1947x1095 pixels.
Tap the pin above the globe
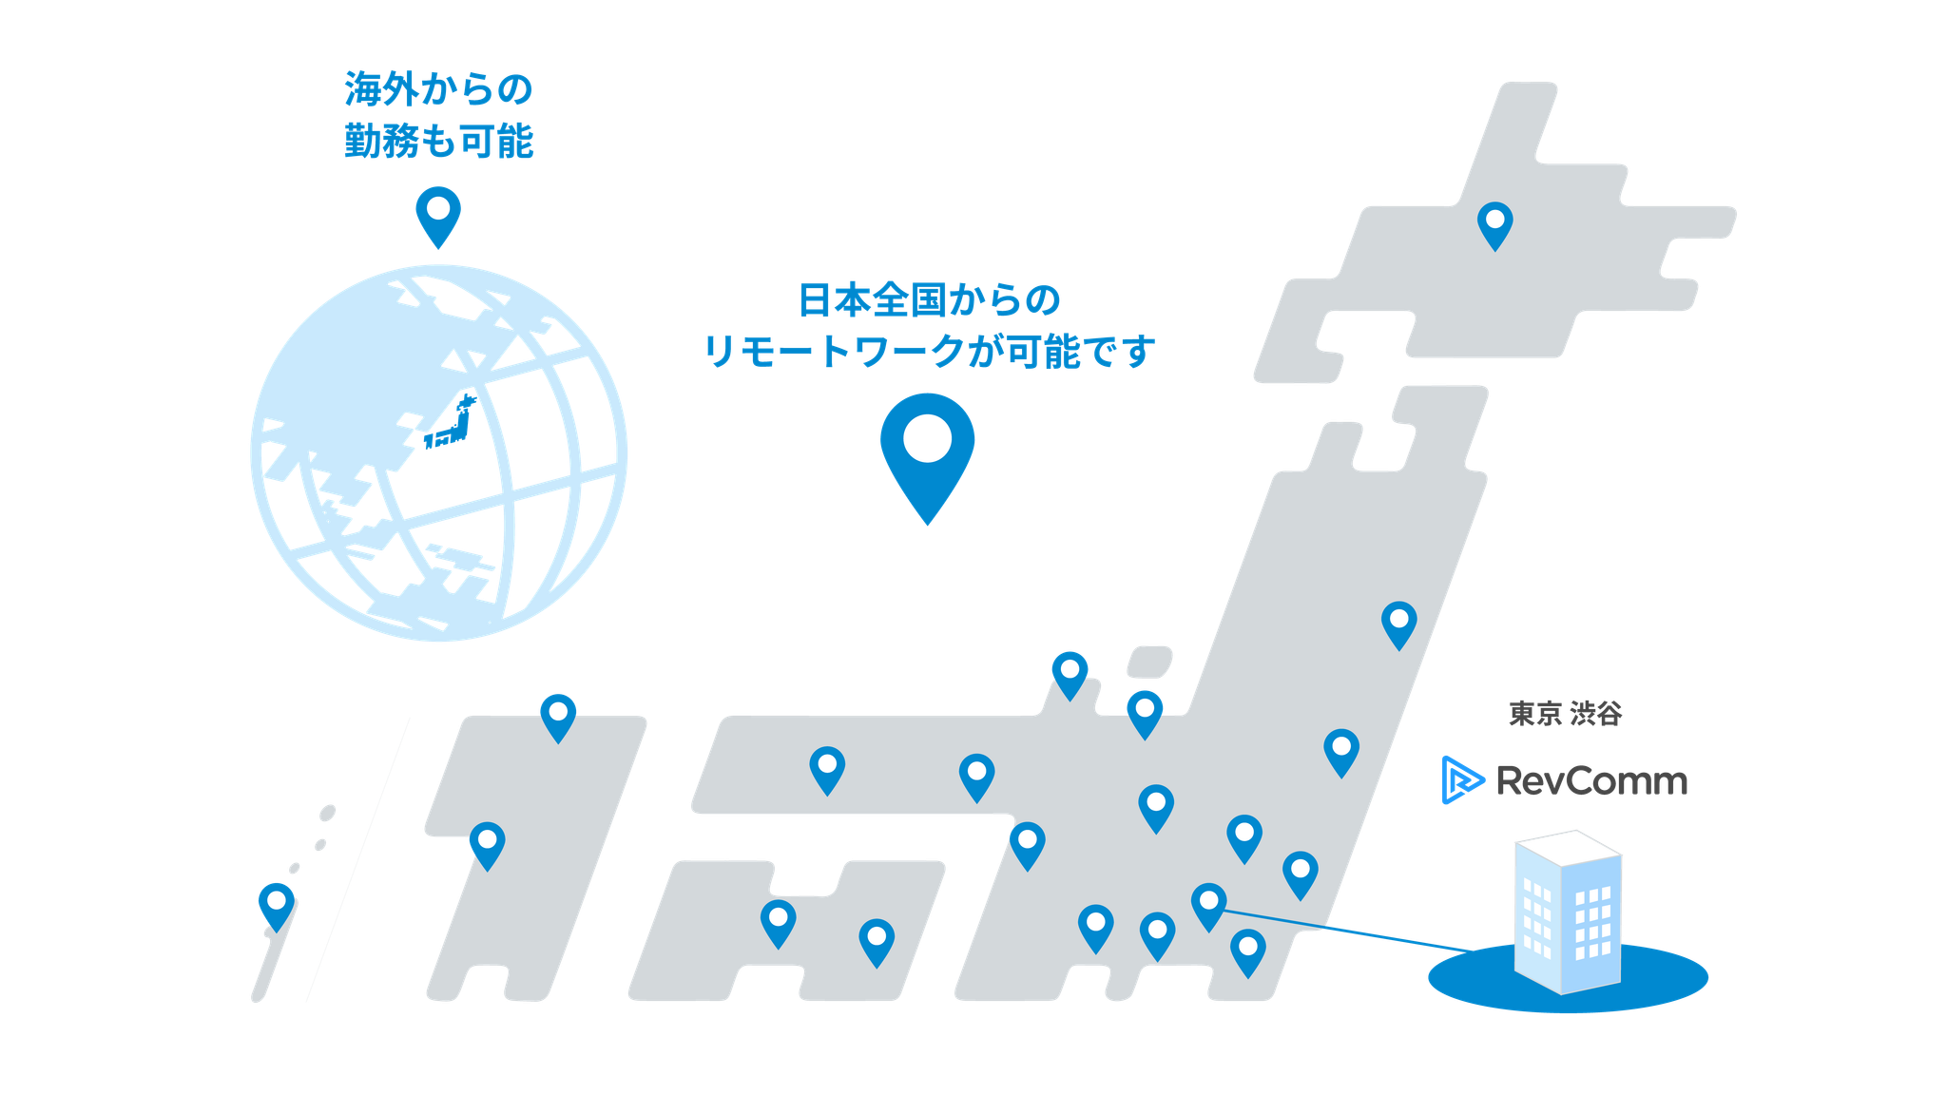(x=438, y=213)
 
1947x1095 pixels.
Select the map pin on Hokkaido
(x=1494, y=223)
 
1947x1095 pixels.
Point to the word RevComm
(x=1592, y=781)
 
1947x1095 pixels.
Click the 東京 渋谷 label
(x=1565, y=713)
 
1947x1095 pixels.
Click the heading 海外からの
(x=438, y=90)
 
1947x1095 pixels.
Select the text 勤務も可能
(x=438, y=141)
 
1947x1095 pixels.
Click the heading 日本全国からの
(x=928, y=300)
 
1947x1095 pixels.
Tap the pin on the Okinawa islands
(x=277, y=902)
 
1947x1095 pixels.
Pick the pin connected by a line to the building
(x=1208, y=903)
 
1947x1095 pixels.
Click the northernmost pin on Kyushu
(x=558, y=714)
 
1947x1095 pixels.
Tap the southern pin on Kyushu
(x=487, y=843)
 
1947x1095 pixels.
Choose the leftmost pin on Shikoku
(x=778, y=921)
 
